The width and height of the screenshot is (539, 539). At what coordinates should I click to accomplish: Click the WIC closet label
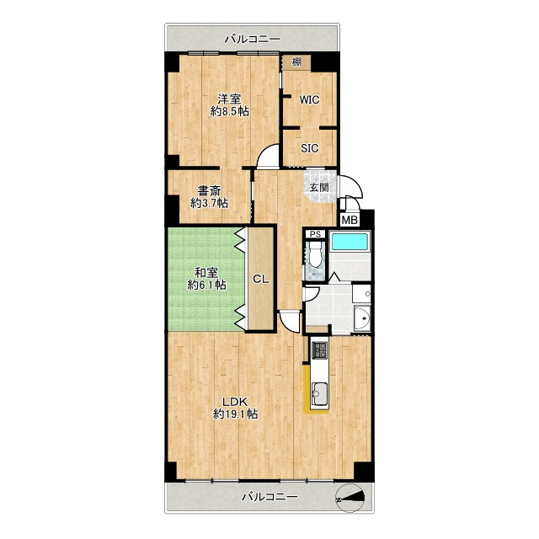click(309, 100)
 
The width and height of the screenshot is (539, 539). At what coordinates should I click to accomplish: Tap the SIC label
click(309, 148)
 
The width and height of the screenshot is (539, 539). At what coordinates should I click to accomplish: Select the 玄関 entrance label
click(319, 188)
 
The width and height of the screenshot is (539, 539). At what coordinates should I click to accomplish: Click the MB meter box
click(350, 220)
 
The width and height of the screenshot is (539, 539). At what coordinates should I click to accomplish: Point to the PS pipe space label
click(315, 234)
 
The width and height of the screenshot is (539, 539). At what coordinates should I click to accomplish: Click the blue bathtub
click(349, 242)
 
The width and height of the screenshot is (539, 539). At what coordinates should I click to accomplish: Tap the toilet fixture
click(315, 253)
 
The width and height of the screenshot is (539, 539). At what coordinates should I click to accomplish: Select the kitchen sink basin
click(319, 394)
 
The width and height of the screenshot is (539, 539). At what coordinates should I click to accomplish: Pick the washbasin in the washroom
click(362, 318)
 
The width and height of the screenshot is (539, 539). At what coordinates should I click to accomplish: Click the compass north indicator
click(350, 498)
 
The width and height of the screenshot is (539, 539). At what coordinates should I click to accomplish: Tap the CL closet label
click(261, 279)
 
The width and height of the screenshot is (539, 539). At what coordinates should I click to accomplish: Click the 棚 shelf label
click(296, 62)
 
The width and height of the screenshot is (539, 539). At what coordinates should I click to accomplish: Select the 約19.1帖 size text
click(236, 414)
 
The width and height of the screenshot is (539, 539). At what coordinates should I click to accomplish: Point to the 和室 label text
click(206, 273)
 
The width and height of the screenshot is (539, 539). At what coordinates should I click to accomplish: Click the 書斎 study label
click(209, 191)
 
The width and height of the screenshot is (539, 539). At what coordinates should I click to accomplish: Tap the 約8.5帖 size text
click(230, 111)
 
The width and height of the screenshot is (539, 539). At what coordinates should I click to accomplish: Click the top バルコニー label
click(253, 39)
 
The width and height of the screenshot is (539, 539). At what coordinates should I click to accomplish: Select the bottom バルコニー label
click(269, 497)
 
